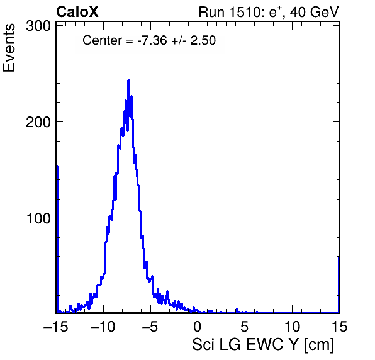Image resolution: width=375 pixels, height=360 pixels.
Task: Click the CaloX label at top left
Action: click(77, 12)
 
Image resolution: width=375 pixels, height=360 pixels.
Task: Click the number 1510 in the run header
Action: click(244, 12)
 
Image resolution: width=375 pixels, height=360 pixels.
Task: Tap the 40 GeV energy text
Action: click(314, 12)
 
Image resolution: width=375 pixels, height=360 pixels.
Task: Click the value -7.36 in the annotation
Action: click(152, 40)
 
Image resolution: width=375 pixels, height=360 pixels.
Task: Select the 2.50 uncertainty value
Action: click(203, 40)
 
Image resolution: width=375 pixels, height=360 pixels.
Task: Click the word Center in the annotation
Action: click(102, 40)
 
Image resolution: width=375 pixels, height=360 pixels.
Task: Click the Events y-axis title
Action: click(9, 48)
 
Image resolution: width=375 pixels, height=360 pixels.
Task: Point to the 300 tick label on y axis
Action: click(38, 26)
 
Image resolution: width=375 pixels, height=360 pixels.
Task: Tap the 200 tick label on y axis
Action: click(38, 122)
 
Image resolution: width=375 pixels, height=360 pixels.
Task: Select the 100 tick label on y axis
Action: click(38, 218)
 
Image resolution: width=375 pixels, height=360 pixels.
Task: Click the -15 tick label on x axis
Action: click(55, 326)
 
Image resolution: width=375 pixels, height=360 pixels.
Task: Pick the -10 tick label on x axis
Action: click(103, 326)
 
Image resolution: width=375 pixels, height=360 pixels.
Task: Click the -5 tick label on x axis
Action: click(150, 326)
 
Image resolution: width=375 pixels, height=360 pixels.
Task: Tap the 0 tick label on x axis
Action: click(198, 326)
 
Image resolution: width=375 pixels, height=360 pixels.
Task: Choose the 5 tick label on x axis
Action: click(244, 326)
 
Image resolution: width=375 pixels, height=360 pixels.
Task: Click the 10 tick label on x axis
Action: click(291, 326)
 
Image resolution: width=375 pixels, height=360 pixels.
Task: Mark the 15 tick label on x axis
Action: click(339, 326)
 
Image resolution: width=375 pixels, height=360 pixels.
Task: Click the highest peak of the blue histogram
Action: click(128, 81)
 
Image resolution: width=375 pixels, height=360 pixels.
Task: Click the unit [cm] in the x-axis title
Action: click(319, 345)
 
